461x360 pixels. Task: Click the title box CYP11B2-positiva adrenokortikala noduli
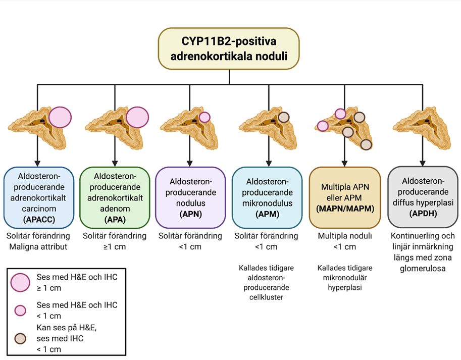229,48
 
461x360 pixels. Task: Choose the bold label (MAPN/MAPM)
344,209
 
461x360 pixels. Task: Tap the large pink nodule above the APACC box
60,118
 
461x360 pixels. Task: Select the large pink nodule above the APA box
137,118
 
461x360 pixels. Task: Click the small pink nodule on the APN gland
204,117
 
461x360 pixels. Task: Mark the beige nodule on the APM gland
284,117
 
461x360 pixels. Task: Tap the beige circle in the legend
21,338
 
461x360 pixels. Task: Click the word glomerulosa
423,269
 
